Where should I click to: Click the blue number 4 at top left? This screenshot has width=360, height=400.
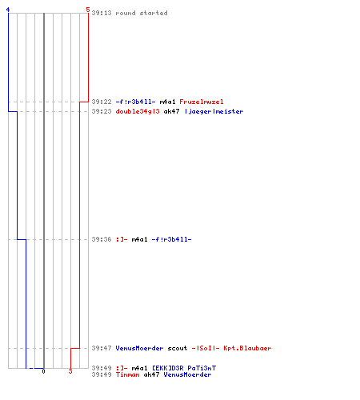8,10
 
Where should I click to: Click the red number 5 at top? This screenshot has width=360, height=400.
88,10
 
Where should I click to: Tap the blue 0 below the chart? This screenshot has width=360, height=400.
43,371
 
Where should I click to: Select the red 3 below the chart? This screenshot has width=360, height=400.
70,371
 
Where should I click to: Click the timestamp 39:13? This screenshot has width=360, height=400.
102,13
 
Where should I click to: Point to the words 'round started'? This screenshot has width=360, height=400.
142,13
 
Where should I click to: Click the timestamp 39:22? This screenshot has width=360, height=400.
102,102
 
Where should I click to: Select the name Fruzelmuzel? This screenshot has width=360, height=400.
202,102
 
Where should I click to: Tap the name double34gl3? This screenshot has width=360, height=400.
138,111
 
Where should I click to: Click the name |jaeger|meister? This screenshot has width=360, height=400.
214,111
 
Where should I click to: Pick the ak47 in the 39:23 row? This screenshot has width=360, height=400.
171,111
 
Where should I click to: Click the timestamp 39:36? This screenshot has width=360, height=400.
102,239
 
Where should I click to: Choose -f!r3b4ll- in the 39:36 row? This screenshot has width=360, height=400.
171,239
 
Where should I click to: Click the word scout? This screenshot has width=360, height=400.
178,348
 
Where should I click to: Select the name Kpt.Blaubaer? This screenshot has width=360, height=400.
247,348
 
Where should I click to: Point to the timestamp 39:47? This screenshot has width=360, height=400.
102,348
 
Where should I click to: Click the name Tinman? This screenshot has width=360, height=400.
127,374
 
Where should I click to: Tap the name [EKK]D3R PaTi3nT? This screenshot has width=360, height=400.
184,368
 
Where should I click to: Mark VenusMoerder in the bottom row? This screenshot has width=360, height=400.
187,374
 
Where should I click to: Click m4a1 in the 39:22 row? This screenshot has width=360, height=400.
167,102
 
